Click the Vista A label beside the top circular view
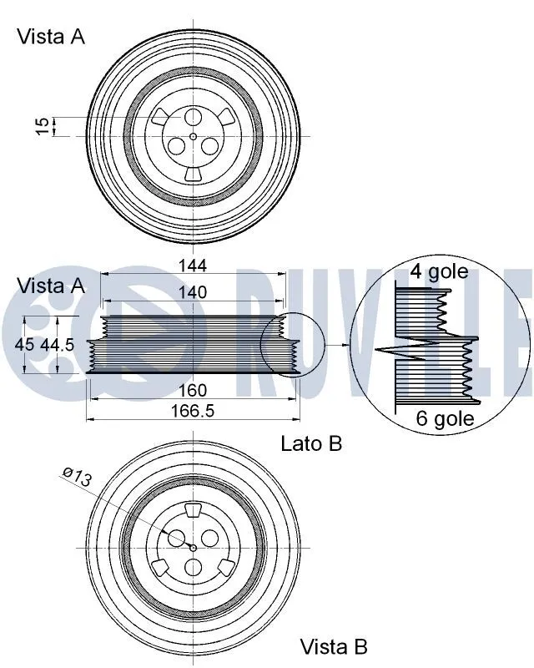51,37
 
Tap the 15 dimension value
43,126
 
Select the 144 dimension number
193,266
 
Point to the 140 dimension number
193,292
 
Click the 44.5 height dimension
57,344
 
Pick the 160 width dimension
193,390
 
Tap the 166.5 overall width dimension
193,411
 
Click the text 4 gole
439,272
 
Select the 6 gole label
445,418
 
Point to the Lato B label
311,443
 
